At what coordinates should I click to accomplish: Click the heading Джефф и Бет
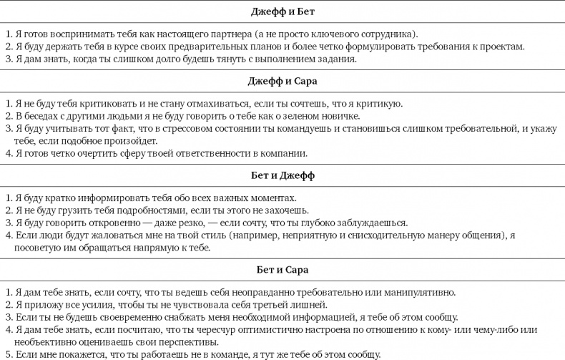click(x=282, y=12)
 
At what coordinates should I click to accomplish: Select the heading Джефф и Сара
click(x=282, y=81)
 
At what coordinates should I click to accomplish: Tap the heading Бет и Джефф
click(x=282, y=175)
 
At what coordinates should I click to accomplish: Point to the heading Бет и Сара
click(x=282, y=269)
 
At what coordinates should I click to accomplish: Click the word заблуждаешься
click(x=371, y=223)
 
